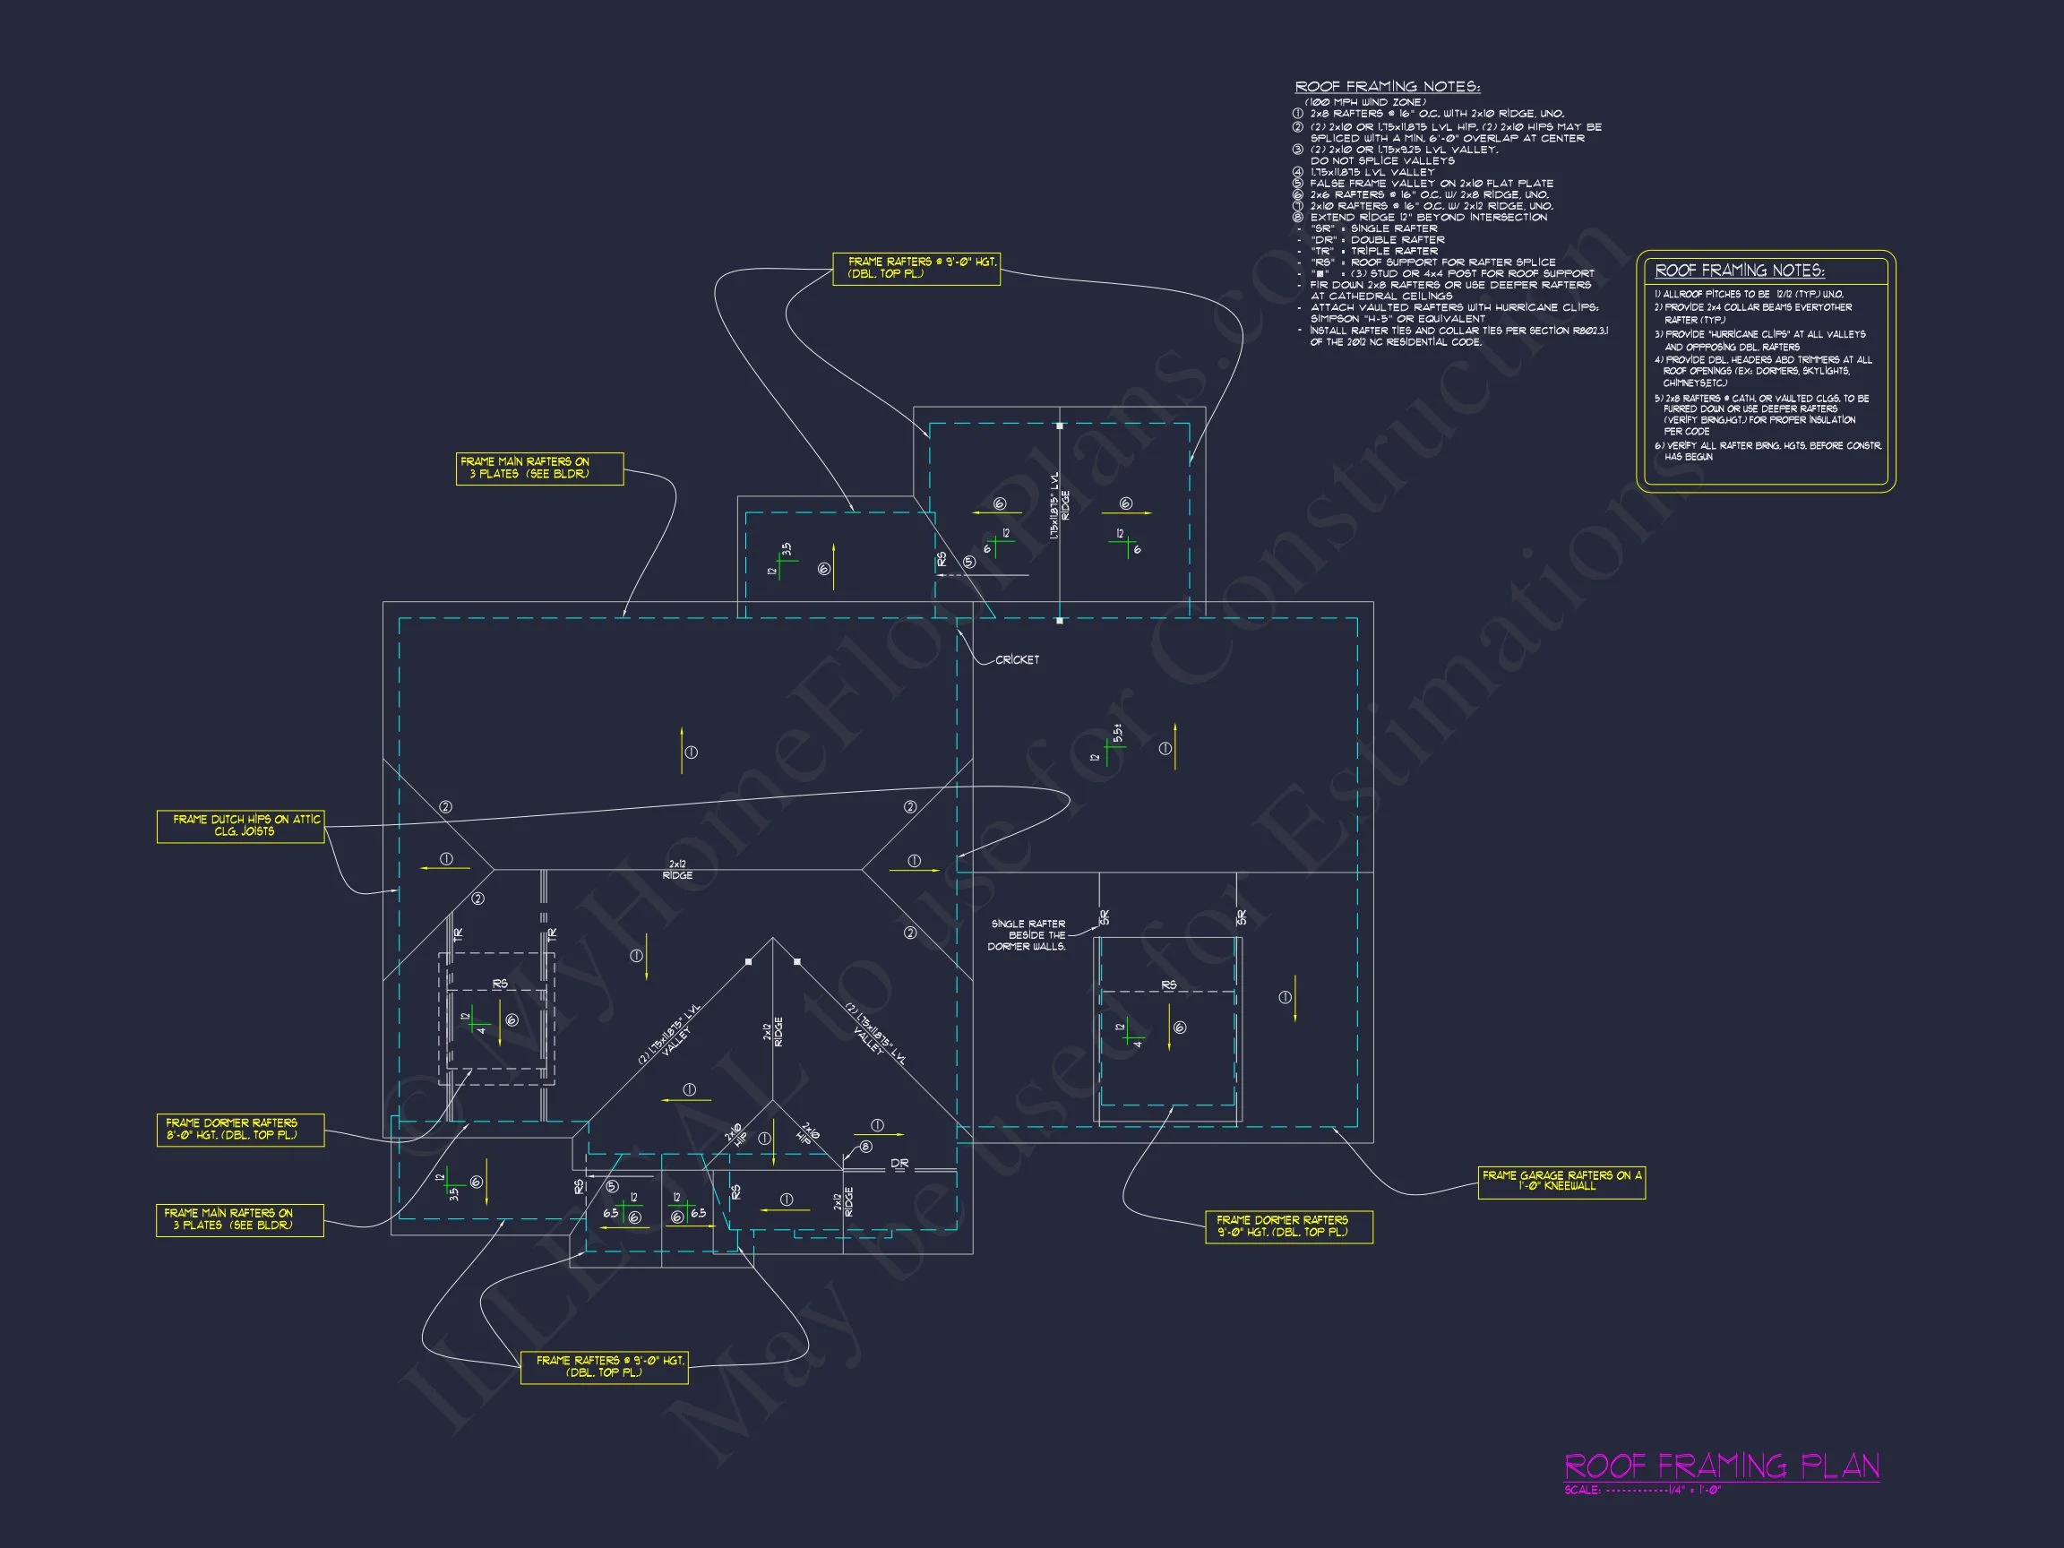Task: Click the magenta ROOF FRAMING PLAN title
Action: tap(1722, 1466)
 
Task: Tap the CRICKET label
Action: tap(1017, 659)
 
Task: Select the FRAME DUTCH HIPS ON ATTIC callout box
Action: tap(241, 826)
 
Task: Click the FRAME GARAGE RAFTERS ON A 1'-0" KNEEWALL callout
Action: tap(1561, 1182)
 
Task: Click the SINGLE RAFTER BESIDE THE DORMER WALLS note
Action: tap(1028, 935)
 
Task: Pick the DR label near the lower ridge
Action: tap(899, 1164)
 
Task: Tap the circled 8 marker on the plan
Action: tap(866, 1147)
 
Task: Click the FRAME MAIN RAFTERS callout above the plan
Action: tap(539, 468)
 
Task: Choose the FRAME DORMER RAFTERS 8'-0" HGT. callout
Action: tap(241, 1129)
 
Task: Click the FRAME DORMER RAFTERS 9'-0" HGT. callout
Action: tap(1288, 1226)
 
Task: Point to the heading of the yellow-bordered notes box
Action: tap(1740, 271)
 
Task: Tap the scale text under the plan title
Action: tap(1643, 1490)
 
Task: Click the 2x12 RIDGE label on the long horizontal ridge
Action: tap(677, 870)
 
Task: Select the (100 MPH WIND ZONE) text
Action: tap(1365, 102)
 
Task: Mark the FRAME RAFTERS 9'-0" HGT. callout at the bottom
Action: tap(604, 1367)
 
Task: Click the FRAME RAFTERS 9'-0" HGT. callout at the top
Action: tap(916, 268)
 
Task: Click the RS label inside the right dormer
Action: tap(1168, 985)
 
